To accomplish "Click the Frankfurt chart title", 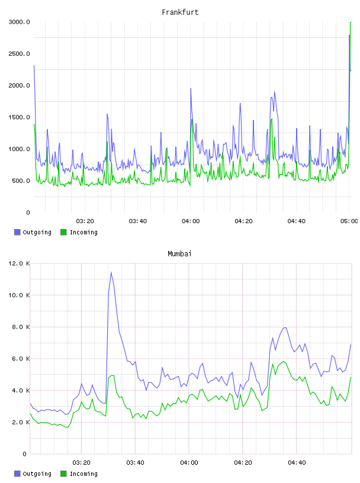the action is click(x=180, y=12).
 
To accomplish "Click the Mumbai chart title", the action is click(x=179, y=253).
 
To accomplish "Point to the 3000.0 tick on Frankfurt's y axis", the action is click(x=19, y=22).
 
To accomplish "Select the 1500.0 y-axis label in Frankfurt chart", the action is click(x=19, y=117).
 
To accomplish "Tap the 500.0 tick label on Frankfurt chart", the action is click(x=21, y=181).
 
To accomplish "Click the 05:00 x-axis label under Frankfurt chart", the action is click(x=349, y=221).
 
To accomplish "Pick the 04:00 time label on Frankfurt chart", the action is click(x=191, y=221).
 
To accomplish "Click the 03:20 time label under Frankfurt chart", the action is click(x=85, y=221).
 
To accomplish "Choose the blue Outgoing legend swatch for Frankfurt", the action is click(x=17, y=232).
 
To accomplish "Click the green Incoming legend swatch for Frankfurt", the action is click(x=63, y=232).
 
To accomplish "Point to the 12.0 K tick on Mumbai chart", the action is click(x=19, y=263).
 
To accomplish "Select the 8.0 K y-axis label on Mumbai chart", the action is click(x=21, y=327).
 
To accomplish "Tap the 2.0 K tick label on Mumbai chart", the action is click(x=21, y=422).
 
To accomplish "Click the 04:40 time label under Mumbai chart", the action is click(x=297, y=462).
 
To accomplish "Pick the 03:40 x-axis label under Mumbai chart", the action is click(x=135, y=462).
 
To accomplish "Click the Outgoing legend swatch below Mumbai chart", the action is click(x=17, y=474).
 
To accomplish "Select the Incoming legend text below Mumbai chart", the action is click(x=83, y=474).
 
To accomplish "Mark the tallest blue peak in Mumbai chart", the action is click(x=111, y=272).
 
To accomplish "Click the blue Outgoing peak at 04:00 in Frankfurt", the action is click(x=191, y=89).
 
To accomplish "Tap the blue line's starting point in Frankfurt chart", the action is click(x=34, y=65).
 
